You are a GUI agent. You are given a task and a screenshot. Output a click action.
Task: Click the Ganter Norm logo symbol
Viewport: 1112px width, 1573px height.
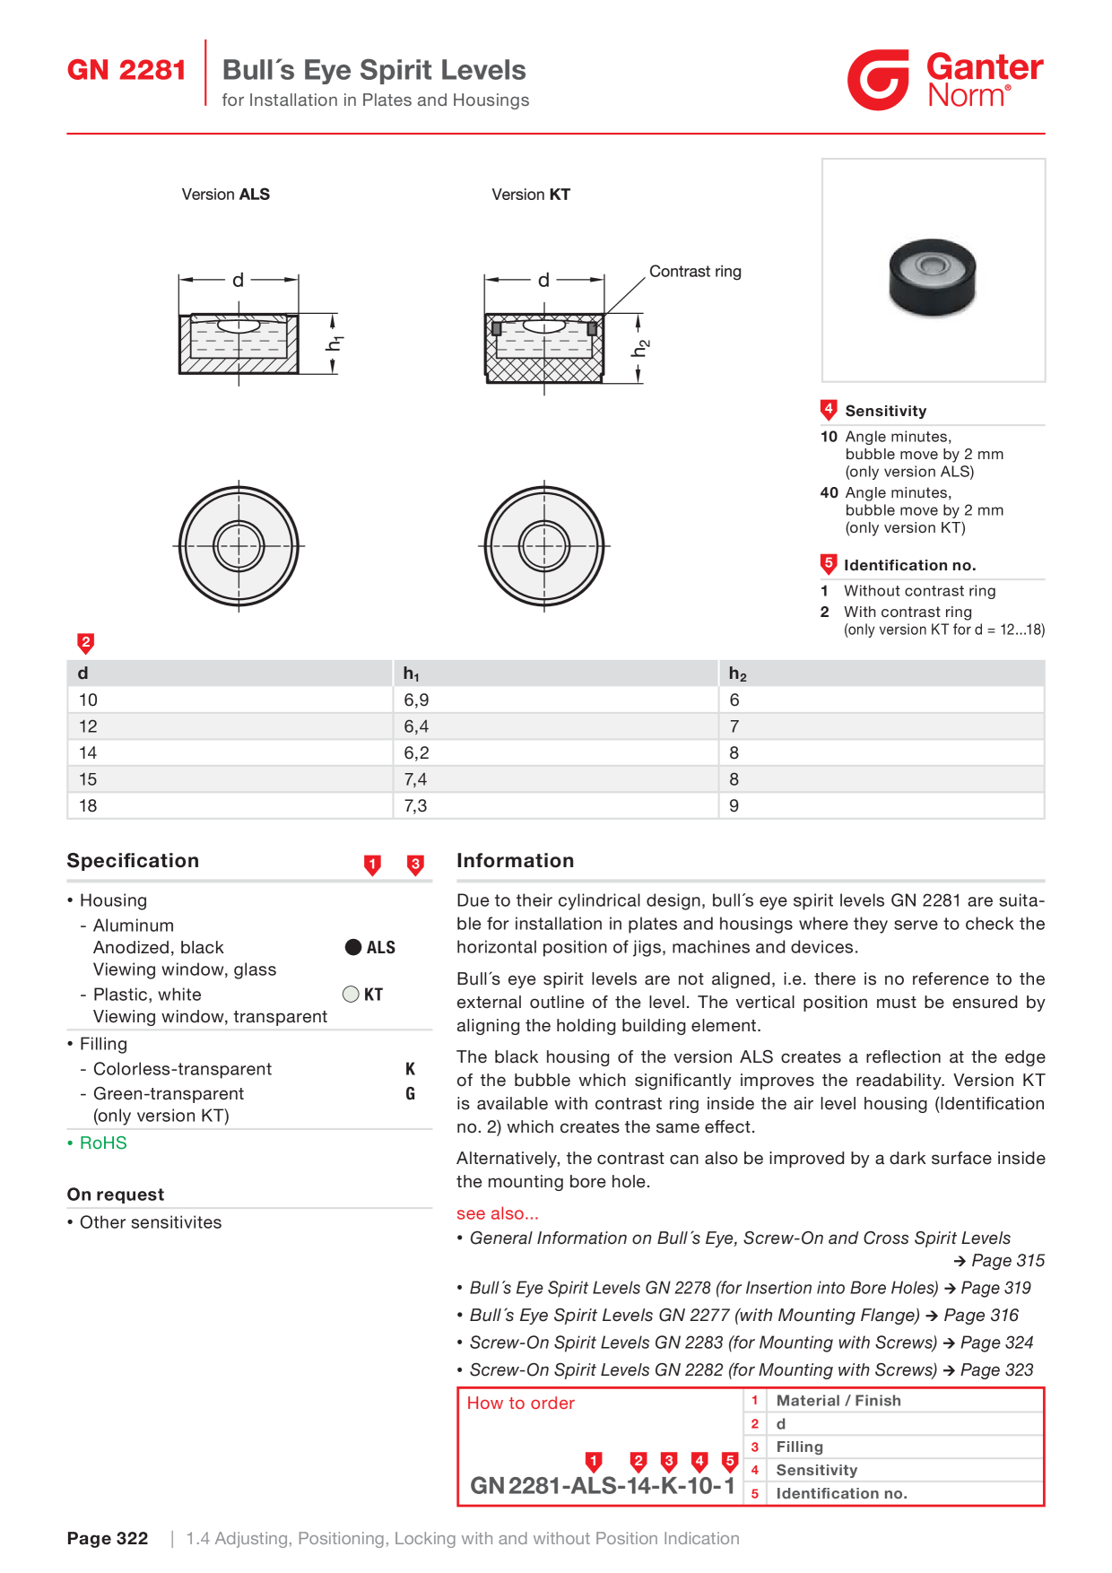(878, 80)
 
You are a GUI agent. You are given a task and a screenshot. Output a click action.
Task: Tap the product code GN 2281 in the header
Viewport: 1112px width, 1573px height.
(126, 70)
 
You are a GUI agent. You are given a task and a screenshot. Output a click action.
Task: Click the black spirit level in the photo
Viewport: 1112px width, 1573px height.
(932, 277)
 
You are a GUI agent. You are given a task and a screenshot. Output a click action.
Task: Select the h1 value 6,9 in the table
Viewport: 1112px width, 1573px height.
(416, 700)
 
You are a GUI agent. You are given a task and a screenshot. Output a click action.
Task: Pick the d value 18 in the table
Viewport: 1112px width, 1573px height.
(88, 805)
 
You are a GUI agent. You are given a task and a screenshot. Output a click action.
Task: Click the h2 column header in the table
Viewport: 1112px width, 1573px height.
(737, 674)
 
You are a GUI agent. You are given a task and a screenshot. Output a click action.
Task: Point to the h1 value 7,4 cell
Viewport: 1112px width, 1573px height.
(415, 779)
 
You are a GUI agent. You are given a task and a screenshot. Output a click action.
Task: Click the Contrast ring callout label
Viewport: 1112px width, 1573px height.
(695, 272)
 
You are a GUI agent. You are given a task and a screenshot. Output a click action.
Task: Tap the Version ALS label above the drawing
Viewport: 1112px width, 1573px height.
(226, 195)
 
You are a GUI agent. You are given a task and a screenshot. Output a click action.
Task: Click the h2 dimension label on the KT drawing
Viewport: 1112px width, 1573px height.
(640, 348)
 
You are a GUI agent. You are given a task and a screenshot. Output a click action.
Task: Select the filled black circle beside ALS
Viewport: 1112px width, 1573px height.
(353, 947)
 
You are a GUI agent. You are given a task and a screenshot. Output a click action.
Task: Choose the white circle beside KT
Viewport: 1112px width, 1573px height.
(351, 994)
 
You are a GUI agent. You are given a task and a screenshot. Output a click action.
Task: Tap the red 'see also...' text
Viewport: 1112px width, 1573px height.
(498, 1213)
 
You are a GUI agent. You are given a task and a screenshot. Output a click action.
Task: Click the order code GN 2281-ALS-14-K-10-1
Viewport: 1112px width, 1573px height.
(603, 1486)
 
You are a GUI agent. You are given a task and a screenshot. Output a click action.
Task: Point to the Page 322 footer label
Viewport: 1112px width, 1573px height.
(108, 1538)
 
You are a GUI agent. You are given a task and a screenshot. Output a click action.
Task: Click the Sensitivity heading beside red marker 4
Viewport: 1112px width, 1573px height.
(886, 411)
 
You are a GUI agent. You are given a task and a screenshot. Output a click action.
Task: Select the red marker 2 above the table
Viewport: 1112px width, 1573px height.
(86, 643)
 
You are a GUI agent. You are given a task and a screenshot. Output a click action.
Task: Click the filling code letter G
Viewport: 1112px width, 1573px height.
(411, 1093)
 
